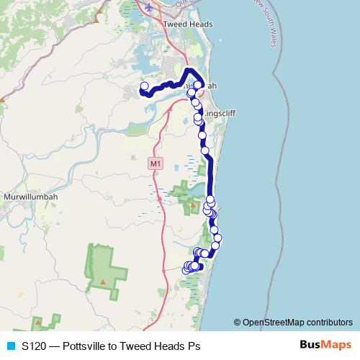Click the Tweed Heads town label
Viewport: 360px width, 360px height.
coord(189,24)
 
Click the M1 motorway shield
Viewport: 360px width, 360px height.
coord(154,163)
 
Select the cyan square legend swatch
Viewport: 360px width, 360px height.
coord(10,346)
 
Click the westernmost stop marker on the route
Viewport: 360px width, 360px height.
coord(143,87)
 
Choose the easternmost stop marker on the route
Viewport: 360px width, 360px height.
coord(217,238)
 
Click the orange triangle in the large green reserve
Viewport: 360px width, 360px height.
coord(104,281)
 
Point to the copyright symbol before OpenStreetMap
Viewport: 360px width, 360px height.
coord(237,322)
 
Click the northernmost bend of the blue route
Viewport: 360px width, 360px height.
coord(189,70)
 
